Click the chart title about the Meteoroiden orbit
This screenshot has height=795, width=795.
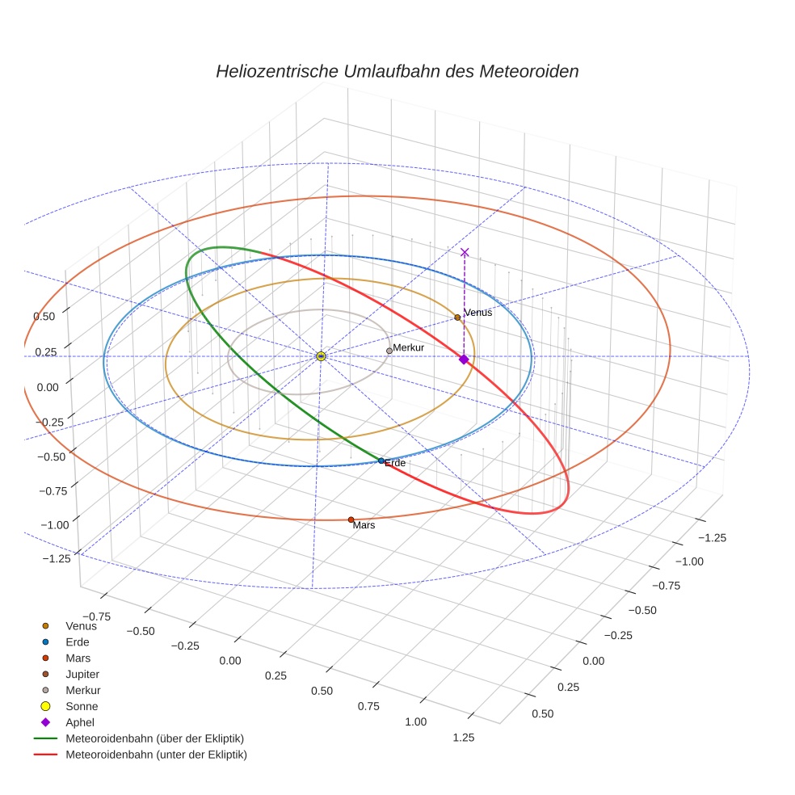tap(397, 71)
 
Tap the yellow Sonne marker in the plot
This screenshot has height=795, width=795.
tap(321, 355)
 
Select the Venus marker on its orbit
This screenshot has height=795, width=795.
tap(457, 318)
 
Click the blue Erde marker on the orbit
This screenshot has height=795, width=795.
tap(381, 461)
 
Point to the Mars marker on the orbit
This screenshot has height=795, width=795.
tap(351, 519)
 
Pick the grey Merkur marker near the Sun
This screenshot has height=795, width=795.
tap(389, 351)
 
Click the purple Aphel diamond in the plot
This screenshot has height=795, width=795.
tap(463, 360)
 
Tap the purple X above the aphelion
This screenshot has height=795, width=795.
tap(465, 252)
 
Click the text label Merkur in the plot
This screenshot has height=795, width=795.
tap(408, 347)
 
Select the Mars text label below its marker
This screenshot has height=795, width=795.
tap(364, 525)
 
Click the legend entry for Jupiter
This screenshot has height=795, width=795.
tap(82, 674)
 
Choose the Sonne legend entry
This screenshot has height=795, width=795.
tap(82, 706)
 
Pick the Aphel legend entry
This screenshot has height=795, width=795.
tap(79, 722)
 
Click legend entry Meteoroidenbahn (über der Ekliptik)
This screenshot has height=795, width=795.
tap(154, 738)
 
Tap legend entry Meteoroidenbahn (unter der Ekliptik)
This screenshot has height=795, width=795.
tap(156, 755)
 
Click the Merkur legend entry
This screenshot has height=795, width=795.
tap(82, 690)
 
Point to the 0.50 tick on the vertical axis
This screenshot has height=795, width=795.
tap(44, 316)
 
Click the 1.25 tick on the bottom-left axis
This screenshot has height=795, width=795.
tap(463, 736)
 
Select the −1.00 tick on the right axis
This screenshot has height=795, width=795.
tap(689, 562)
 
